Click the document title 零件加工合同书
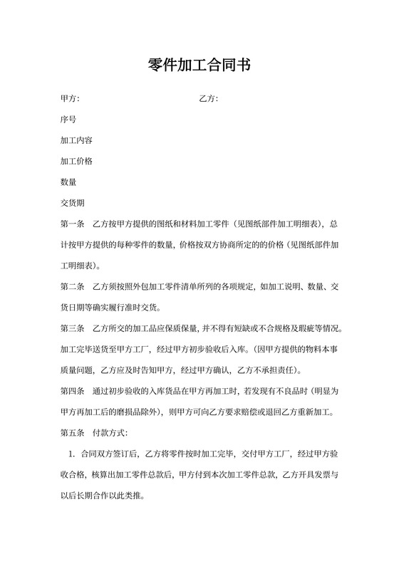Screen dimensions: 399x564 pos(199,65)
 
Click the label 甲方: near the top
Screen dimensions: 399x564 pos(70,98)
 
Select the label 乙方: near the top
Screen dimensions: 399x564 pos(208,98)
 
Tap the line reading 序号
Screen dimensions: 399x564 pos(68,119)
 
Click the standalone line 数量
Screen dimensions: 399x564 pos(68,182)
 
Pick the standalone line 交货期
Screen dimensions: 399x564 pos(73,203)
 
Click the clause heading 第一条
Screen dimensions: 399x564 pos(73,224)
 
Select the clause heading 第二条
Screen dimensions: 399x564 pos(73,287)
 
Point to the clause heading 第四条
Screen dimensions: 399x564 pos(73,391)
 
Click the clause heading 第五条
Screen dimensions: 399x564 pos(73,432)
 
